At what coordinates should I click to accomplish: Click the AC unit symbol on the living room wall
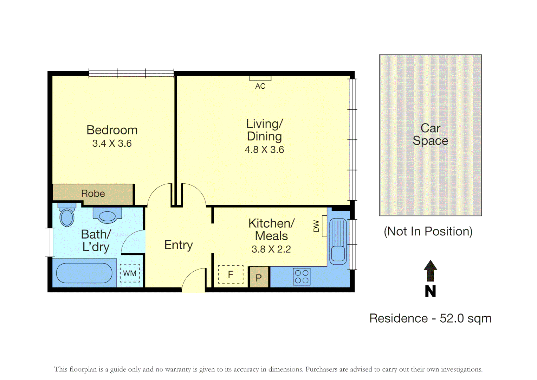[x=260, y=78]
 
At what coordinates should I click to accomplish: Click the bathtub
[x=84, y=273]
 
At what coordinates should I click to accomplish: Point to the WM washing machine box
[x=130, y=273]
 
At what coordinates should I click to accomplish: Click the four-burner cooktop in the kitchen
[x=302, y=277]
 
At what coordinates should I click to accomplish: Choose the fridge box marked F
[x=231, y=274]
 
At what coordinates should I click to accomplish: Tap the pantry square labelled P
[x=259, y=277]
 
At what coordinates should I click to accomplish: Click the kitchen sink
[x=338, y=241]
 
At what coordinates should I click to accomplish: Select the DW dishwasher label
[x=316, y=226]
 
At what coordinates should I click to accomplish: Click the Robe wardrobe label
[x=93, y=194]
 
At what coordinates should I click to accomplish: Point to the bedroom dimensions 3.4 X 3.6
[x=112, y=143]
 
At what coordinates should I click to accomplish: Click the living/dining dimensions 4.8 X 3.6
[x=264, y=150]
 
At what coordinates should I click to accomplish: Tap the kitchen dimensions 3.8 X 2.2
[x=271, y=249]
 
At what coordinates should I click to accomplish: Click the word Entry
[x=179, y=245]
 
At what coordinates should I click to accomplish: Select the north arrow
[x=430, y=271]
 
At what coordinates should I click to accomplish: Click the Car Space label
[x=430, y=134]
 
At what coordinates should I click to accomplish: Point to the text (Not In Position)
[x=428, y=232]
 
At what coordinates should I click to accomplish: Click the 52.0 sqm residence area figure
[x=466, y=319]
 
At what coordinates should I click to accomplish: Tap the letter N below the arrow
[x=430, y=291]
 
